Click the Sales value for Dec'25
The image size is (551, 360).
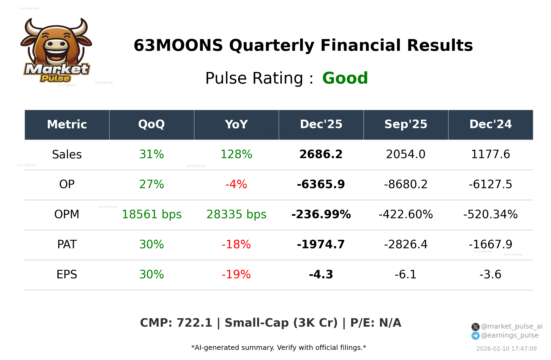321,154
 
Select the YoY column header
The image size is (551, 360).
236,125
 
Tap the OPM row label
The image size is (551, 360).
67,214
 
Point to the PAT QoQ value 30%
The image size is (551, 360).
151,244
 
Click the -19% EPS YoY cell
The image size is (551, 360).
236,275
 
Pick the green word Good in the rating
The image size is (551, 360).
345,78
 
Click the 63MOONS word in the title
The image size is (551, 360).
178,45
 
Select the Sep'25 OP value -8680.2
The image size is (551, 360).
406,184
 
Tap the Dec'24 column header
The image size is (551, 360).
490,125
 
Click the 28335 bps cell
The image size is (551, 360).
236,214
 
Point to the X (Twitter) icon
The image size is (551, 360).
475,327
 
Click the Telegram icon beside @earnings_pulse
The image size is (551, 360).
475,336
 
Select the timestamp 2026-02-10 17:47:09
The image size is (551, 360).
506,349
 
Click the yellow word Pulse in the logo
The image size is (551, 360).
55,78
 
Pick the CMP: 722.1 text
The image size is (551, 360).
176,323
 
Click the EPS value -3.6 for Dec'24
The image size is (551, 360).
490,275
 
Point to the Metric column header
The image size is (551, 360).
67,125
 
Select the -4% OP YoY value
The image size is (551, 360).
236,184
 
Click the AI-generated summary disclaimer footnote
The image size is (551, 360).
279,348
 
